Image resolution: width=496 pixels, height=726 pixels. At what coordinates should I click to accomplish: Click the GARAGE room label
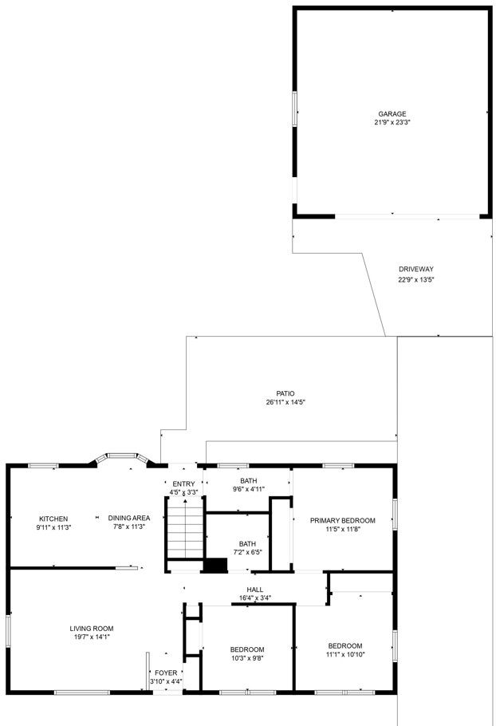coord(392,113)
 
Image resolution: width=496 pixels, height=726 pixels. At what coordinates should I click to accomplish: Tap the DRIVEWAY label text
coord(415,269)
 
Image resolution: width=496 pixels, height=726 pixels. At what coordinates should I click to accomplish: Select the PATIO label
coord(285,393)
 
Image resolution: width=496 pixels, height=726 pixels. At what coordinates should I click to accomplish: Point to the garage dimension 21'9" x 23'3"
coord(392,123)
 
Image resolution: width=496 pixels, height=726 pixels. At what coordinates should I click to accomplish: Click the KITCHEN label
coord(53,519)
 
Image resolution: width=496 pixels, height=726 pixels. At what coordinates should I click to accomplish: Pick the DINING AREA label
coord(129,518)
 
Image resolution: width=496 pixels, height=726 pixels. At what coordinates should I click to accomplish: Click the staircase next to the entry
coord(184,535)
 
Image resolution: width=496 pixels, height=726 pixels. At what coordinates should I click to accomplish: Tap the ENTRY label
coord(183,483)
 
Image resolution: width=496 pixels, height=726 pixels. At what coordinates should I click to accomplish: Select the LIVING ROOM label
coord(92,628)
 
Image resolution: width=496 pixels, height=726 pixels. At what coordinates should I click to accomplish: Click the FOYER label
coord(166,673)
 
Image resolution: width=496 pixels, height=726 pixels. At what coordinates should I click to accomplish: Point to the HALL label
coord(254,589)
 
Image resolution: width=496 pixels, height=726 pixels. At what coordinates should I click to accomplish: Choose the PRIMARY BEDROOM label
coord(342,520)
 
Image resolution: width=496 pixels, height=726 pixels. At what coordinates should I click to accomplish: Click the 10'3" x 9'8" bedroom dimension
coord(247,658)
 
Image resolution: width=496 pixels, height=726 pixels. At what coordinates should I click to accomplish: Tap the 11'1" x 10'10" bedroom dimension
coord(345,655)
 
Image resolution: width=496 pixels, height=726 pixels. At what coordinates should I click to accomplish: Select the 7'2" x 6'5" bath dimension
coord(247,552)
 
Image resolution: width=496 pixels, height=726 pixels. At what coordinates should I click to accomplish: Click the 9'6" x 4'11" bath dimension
coord(248,489)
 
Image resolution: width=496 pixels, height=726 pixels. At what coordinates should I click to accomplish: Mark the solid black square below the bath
coord(215,565)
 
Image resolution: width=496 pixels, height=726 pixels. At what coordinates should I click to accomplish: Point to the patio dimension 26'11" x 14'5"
coord(285,403)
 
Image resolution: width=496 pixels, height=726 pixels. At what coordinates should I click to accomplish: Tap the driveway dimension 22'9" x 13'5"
coord(415,279)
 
